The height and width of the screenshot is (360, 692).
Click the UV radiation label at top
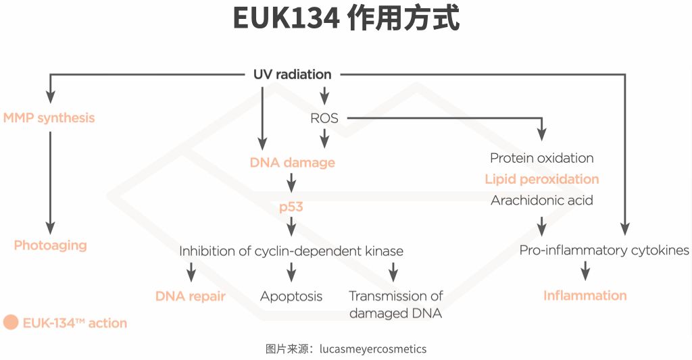point(292,74)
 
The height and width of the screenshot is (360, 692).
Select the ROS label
point(324,118)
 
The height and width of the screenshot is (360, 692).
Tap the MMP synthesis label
point(49,118)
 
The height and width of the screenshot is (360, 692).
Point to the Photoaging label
point(50,245)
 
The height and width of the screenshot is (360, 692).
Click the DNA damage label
point(292,163)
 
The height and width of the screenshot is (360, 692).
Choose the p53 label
point(291,207)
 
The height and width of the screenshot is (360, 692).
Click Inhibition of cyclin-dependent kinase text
point(291,251)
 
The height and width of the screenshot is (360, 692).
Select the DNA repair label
point(191,296)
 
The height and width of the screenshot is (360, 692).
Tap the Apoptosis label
point(291,296)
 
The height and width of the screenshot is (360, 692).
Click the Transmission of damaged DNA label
point(395,304)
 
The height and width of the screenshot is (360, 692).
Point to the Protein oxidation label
point(542,158)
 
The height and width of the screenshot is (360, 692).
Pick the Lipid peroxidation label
point(542,179)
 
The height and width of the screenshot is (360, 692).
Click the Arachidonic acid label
point(542,201)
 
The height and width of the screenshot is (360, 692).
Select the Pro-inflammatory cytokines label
point(604,251)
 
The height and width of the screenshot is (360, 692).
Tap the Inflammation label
point(585,295)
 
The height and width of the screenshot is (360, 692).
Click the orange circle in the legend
point(11,322)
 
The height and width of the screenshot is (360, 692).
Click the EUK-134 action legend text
point(74,323)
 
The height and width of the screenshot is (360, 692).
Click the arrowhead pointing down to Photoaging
point(50,228)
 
